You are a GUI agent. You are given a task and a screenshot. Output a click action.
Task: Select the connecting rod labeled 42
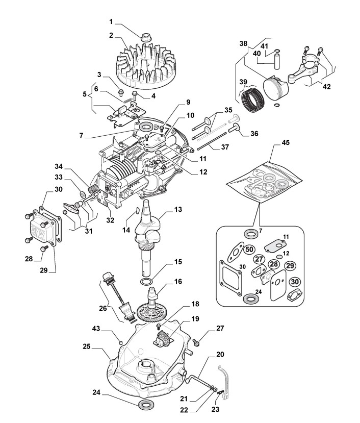[x=298, y=68]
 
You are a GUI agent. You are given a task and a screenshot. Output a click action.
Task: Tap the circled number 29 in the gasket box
[x=290, y=266]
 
